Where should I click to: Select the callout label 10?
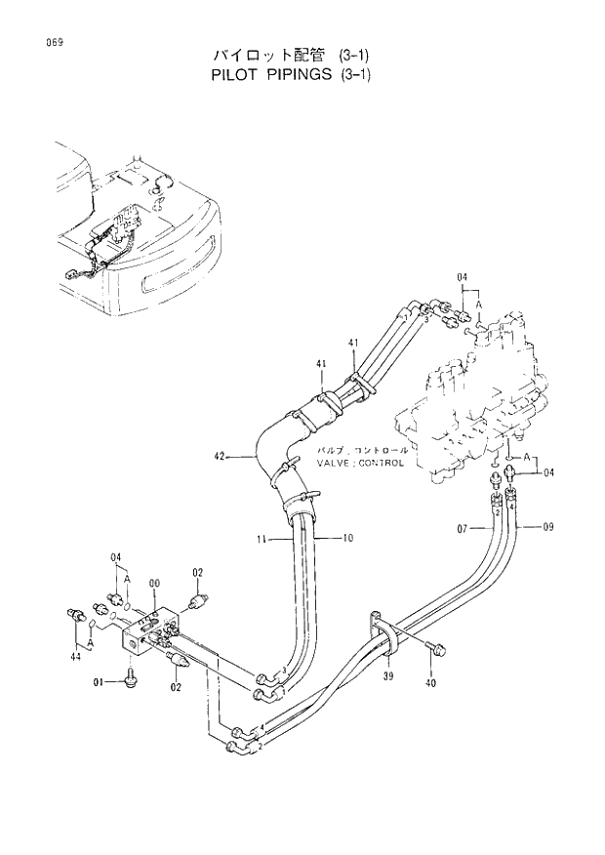[x=348, y=538]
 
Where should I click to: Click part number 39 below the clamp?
[x=387, y=675]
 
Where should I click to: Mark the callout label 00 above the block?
[x=154, y=583]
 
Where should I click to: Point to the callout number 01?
[x=99, y=682]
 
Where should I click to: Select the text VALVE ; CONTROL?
[x=360, y=464]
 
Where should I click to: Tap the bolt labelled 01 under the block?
[x=131, y=679]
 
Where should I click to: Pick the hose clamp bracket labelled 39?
[x=383, y=633]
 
